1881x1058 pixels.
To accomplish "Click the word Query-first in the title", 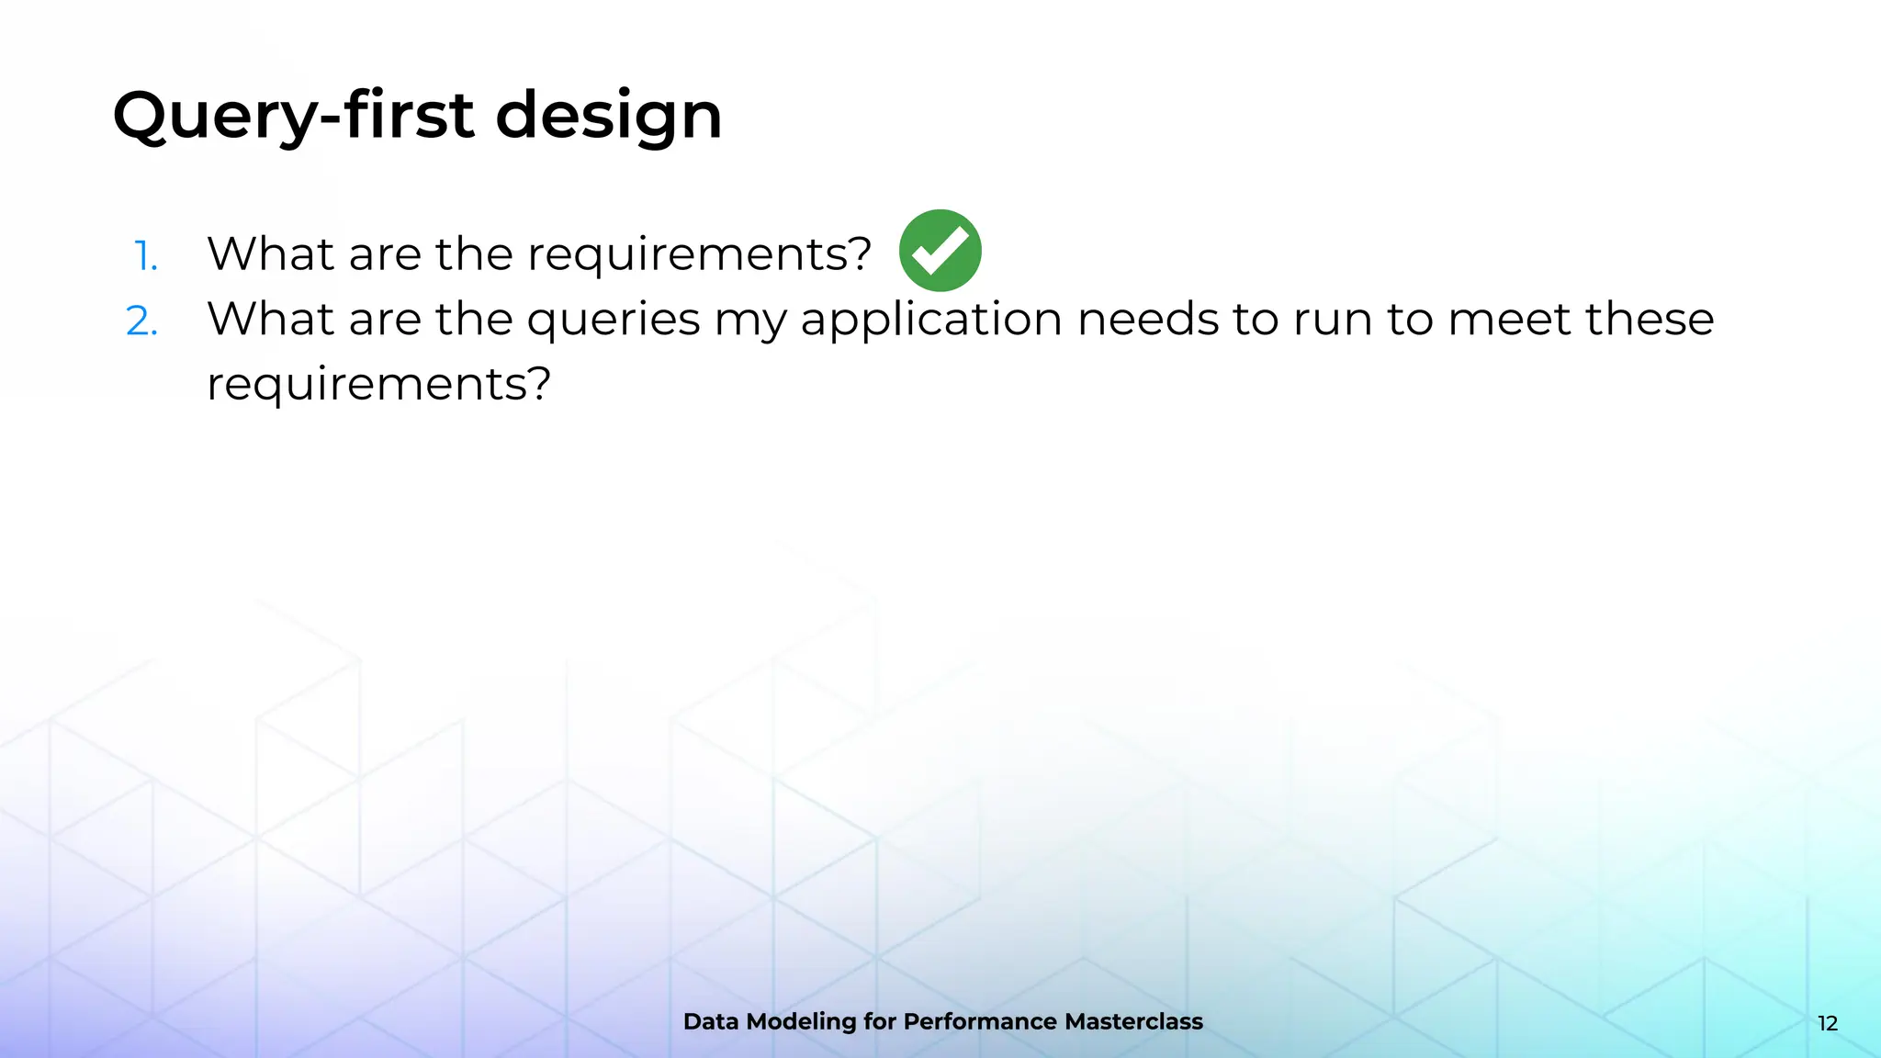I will click(293, 116).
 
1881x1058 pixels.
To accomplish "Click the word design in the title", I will click(609, 116).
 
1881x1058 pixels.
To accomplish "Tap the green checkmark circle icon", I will click(940, 251).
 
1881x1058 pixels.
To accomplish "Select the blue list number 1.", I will click(146, 255).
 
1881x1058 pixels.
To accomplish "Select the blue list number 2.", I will click(142, 321).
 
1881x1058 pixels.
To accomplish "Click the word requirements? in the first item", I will click(699, 254).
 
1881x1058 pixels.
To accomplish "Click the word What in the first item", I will click(270, 253).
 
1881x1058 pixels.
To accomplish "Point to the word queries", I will click(613, 320).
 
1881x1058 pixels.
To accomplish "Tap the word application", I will click(931, 320).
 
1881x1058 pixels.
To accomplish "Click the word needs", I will click(1147, 320).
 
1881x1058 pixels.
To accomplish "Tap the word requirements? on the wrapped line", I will click(378, 384).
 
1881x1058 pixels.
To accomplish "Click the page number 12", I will click(1827, 1023).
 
